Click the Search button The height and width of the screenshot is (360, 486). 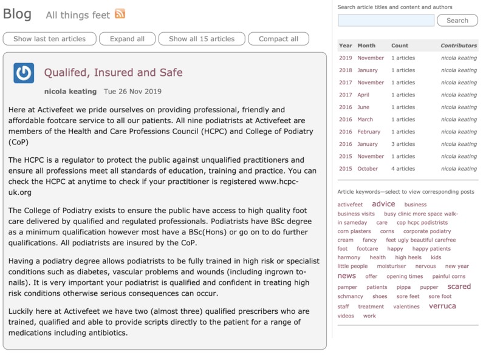pos(457,21)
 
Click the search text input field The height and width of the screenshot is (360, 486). pos(386,21)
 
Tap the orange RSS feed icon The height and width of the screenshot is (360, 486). pos(120,14)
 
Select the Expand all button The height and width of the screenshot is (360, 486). pos(127,39)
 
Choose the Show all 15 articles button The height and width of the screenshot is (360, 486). pos(202,39)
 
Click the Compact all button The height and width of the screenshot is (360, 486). pos(278,39)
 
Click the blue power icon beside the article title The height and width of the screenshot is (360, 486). pos(24,73)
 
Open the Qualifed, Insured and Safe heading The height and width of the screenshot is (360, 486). pos(113,73)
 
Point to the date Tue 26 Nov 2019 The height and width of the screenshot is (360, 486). pos(132,92)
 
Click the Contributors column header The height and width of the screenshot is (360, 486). pos(459,46)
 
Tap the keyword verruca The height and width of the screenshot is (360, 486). pos(442,306)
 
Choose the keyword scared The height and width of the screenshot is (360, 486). pos(459,287)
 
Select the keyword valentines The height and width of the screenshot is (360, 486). pos(406,307)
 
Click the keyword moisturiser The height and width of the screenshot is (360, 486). pos(391,267)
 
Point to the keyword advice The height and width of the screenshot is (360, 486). pos(383,204)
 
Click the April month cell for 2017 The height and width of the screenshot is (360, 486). pos(363,95)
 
